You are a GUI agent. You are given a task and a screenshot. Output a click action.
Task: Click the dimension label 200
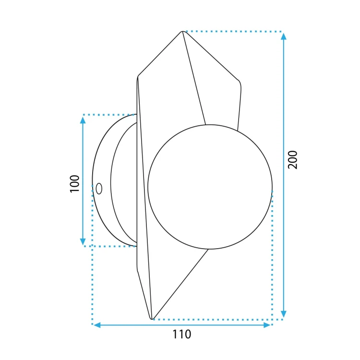point(293,160)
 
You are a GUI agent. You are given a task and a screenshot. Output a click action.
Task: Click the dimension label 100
point(74,184)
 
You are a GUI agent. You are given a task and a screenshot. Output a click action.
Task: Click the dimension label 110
point(181,334)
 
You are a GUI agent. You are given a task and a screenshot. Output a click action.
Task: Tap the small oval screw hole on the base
point(99,189)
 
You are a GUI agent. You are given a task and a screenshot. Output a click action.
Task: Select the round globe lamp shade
point(210,187)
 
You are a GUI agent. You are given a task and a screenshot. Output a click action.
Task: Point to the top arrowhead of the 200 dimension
point(284,36)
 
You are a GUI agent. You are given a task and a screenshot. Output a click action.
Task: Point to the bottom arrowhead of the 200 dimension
point(284,314)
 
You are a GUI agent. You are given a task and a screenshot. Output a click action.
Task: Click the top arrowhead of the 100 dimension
point(83,120)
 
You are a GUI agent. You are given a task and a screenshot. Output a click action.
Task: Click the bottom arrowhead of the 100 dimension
point(83,241)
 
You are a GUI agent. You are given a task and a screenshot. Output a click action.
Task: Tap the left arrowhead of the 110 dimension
point(97,325)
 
